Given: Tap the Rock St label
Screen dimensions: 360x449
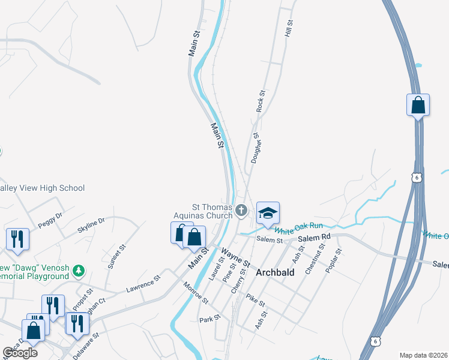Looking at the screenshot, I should click(x=261, y=101).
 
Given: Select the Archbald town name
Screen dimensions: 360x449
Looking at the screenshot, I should click(x=275, y=272).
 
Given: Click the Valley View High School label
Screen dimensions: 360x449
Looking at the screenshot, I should click(x=42, y=188).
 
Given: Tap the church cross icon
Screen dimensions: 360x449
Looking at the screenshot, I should click(x=241, y=209).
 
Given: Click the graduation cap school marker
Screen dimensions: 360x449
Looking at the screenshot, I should click(x=268, y=212).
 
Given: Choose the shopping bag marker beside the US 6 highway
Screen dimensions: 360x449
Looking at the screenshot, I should click(x=418, y=106).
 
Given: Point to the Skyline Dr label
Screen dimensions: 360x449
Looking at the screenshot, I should click(x=91, y=226).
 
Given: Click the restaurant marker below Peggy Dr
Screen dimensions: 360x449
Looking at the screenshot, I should click(x=17, y=238).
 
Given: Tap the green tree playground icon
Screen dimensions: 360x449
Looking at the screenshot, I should click(x=78, y=271).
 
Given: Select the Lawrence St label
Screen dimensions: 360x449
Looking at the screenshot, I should click(x=143, y=284).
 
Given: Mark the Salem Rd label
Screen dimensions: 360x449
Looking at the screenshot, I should click(x=314, y=238).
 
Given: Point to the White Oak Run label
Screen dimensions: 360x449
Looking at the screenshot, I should click(x=298, y=229).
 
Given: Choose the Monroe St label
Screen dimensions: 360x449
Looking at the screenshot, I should click(x=196, y=292).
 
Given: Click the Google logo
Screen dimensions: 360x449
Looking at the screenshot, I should click(x=20, y=352).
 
